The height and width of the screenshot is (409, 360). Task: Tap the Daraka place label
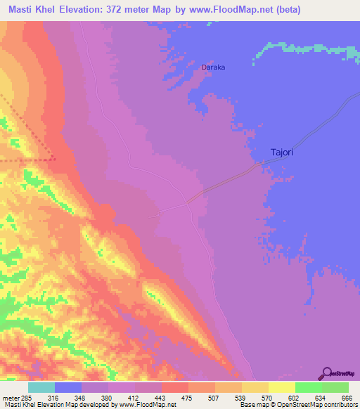[213, 67]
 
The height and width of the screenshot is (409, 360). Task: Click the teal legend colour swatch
[41, 387]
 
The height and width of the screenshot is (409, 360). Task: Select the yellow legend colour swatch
[282, 387]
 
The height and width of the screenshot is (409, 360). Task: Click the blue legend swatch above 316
[68, 387]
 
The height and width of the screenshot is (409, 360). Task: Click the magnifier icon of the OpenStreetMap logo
[326, 373]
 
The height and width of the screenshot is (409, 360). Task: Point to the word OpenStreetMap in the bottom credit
[315, 405]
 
